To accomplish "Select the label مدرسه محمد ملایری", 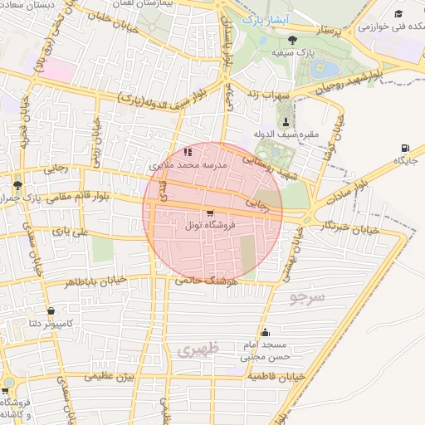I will pos(187,165).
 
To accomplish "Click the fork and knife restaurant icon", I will pos(188,152).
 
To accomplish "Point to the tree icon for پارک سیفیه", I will pos(291,39).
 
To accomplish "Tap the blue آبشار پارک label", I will pos(254,17).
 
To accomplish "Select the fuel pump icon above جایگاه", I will pos(405,148).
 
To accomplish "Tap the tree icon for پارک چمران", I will pos(18,184).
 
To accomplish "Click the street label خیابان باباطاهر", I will pos(97,281).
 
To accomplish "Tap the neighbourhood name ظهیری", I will pos(198,351).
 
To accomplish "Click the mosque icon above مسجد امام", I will pos(266,334).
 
